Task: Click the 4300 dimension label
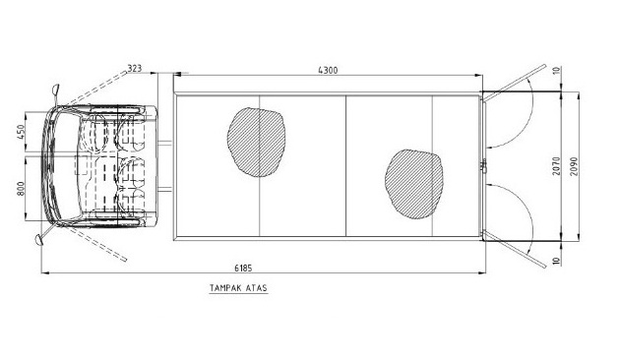click(x=328, y=70)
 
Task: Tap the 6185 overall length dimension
click(x=243, y=268)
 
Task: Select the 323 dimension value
click(x=134, y=68)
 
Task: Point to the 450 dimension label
click(x=21, y=132)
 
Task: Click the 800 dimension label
click(x=21, y=188)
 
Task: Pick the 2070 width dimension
click(x=556, y=166)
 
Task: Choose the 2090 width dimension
click(x=574, y=166)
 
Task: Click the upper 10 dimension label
click(x=556, y=71)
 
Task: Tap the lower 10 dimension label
click(x=556, y=261)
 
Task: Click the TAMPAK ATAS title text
click(x=238, y=288)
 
